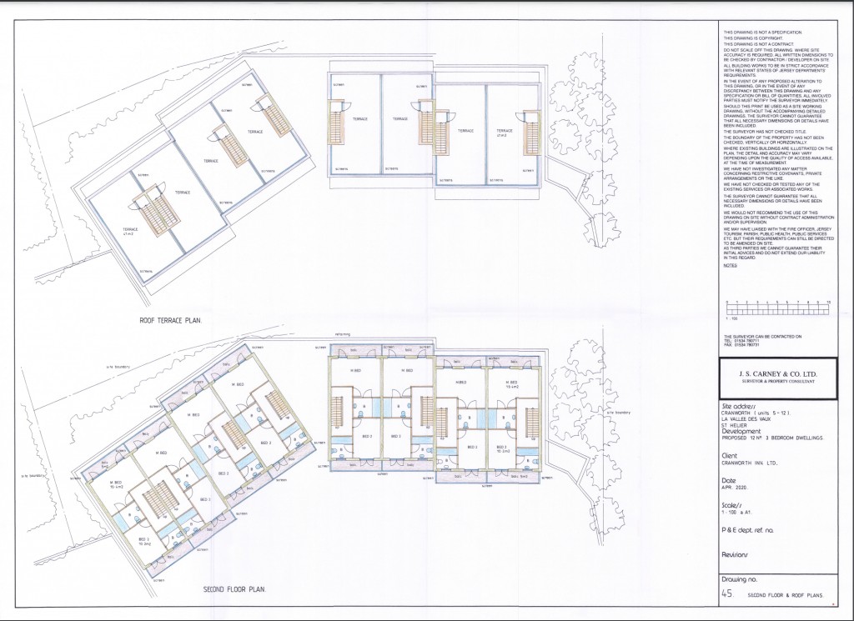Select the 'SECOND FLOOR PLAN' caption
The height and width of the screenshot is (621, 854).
point(234,589)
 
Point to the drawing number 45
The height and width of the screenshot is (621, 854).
point(728,594)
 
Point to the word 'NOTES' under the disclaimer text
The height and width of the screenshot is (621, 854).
point(730,265)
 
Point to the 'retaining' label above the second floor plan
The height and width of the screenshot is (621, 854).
point(341,337)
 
